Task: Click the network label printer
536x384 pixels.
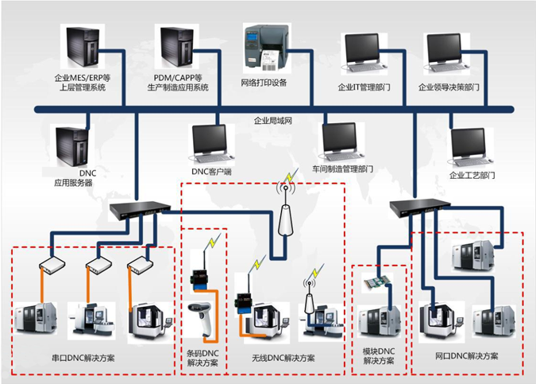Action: (x=267, y=48)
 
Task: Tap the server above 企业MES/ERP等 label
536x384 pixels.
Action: (x=83, y=47)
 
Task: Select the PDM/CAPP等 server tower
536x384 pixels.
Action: (x=177, y=47)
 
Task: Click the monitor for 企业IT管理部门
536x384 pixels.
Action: (x=364, y=53)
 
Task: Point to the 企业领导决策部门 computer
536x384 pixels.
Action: (x=446, y=53)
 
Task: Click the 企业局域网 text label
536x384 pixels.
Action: (x=273, y=121)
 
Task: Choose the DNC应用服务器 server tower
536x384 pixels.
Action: (x=71, y=146)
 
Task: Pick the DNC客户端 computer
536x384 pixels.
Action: (x=211, y=143)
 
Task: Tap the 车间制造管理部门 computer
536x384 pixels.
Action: (x=341, y=142)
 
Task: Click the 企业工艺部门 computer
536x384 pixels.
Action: (x=470, y=147)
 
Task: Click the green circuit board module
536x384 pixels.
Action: (x=377, y=282)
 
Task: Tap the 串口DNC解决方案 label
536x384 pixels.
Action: (x=83, y=358)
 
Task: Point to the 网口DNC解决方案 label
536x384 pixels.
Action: (x=466, y=356)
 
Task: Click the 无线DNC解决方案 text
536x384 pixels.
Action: (x=283, y=358)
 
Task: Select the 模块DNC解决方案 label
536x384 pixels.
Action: (x=379, y=356)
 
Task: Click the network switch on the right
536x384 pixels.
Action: (x=420, y=208)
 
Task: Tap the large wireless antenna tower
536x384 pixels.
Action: (x=286, y=212)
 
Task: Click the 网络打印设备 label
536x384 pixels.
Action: (x=264, y=83)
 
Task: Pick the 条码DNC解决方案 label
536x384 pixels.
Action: (x=202, y=358)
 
